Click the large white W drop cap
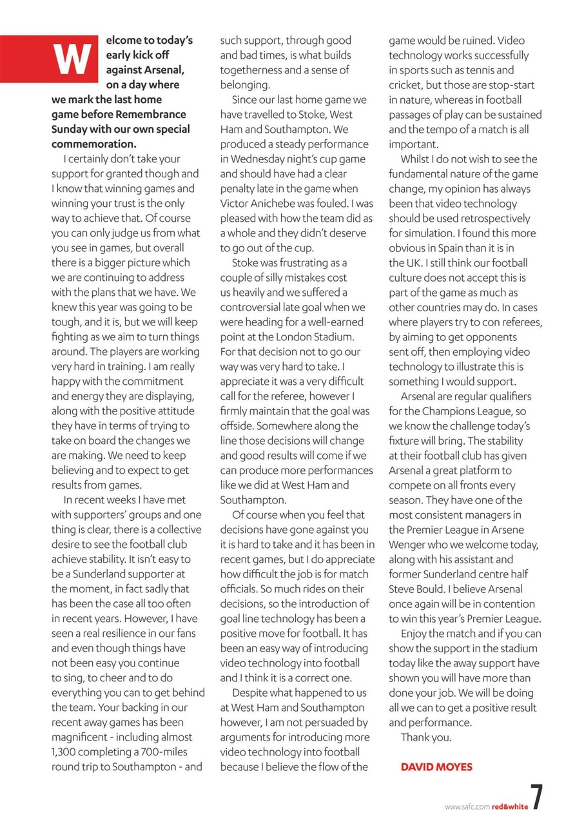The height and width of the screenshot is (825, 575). [x=70, y=60]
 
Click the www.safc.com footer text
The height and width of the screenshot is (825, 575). [x=467, y=806]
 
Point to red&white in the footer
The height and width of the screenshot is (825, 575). [x=510, y=806]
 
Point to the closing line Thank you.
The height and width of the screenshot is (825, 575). [x=426, y=737]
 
